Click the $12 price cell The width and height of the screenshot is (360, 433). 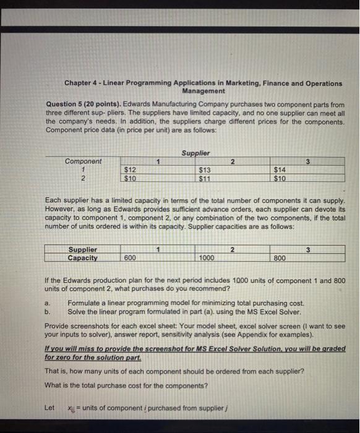coord(131,169)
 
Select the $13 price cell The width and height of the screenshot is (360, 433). coord(205,169)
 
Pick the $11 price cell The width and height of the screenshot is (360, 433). coord(205,179)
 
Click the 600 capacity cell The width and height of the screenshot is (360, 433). coord(131,259)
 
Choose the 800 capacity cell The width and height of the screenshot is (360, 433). coord(280,259)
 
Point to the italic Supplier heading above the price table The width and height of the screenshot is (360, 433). coord(196,152)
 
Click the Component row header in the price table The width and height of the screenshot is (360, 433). coord(84,161)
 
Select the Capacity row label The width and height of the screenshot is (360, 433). coord(82,258)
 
